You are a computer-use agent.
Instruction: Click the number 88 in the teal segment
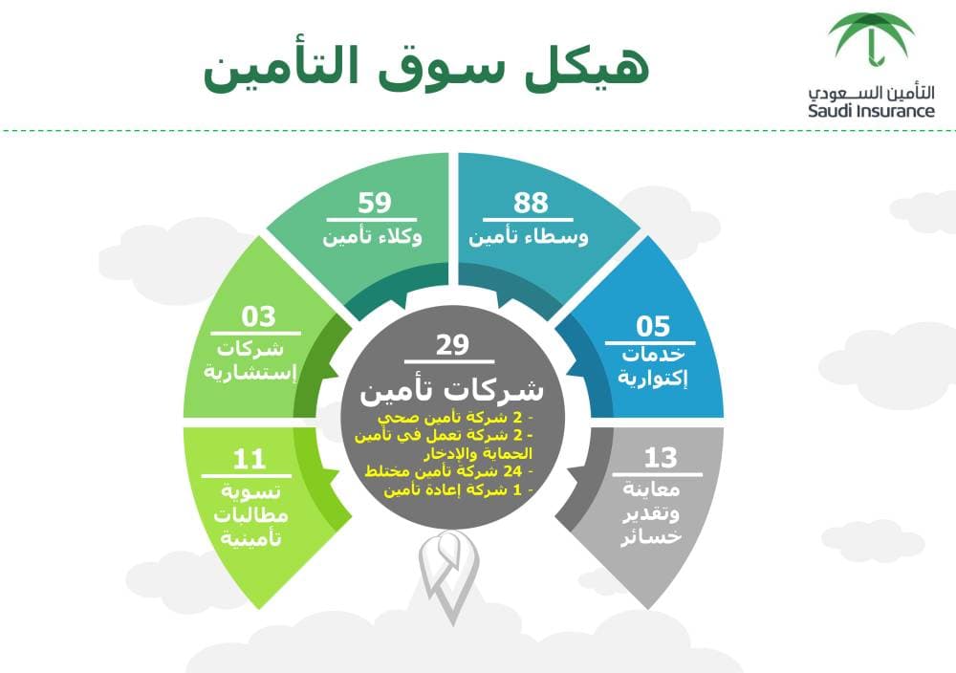tap(531, 204)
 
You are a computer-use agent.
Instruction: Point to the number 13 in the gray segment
tap(660, 457)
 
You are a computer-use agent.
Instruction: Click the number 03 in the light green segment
tap(258, 316)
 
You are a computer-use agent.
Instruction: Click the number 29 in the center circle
tap(452, 345)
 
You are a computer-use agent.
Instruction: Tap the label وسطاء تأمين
tap(529, 236)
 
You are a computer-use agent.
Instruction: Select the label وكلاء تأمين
tap(374, 236)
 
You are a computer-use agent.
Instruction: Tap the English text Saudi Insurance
tap(871, 111)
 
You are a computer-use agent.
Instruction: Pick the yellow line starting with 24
tap(450, 472)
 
